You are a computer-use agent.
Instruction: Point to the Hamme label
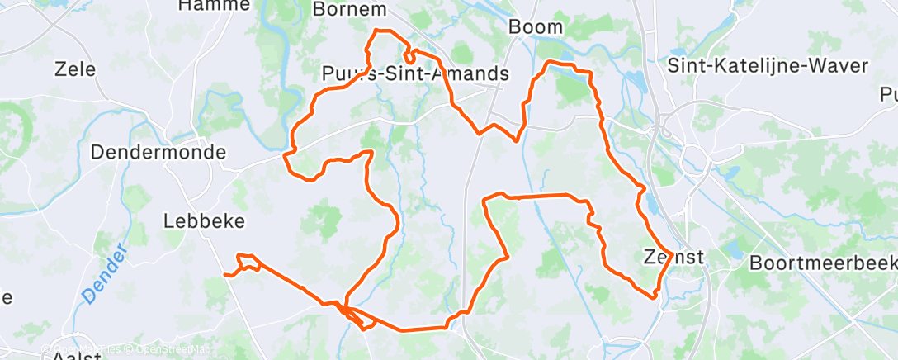(x=214, y=5)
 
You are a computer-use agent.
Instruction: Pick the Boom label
(x=536, y=26)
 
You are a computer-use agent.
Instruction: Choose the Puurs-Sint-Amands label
(x=414, y=74)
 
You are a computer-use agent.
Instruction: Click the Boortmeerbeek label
(x=824, y=263)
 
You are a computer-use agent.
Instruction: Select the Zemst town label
(x=673, y=258)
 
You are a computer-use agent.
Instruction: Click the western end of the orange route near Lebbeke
(x=224, y=274)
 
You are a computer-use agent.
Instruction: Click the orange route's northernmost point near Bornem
(x=378, y=31)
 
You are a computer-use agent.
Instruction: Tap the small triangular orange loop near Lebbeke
(x=248, y=263)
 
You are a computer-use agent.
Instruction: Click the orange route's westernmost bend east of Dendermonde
(x=286, y=154)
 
